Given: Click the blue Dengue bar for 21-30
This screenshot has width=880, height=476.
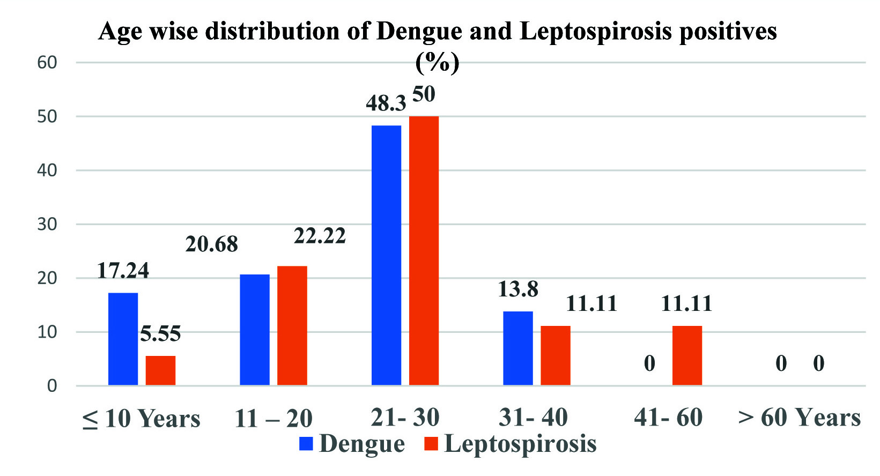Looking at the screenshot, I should pos(386,255).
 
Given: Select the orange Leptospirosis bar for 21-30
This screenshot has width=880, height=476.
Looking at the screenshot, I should pos(424,250).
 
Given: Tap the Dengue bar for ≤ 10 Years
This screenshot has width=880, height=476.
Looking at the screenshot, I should pos(123,339).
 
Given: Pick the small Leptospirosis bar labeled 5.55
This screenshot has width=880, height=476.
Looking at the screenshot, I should pos(160,370).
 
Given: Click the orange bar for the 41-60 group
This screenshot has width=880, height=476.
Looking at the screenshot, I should pos(687,355).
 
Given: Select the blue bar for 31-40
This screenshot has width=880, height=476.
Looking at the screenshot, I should pos(517,348).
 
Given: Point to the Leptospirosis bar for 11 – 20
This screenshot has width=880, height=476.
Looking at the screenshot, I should pos(292,325).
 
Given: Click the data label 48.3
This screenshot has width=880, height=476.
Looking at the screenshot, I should pos(386,103).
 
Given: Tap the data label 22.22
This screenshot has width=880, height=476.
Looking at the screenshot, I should pos(320,236).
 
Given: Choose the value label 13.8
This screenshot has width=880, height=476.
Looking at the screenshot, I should pos(517,289).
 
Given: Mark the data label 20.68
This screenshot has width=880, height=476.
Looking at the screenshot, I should pos(211,244).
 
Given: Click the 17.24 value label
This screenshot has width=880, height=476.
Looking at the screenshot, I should pos(123,271).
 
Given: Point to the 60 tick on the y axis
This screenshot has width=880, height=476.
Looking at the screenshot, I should pos(47,63).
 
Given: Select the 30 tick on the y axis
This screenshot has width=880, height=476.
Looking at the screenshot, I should pos(47,224).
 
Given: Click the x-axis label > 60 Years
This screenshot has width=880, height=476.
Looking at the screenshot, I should pos(799,418).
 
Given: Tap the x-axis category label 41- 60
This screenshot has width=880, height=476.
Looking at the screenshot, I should pos(668,418).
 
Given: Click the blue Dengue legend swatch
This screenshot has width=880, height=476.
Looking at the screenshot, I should pos(306,444).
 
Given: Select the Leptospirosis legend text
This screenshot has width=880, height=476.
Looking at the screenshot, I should pos(520,444).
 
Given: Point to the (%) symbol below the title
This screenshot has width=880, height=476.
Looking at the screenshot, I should pos(438,63).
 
